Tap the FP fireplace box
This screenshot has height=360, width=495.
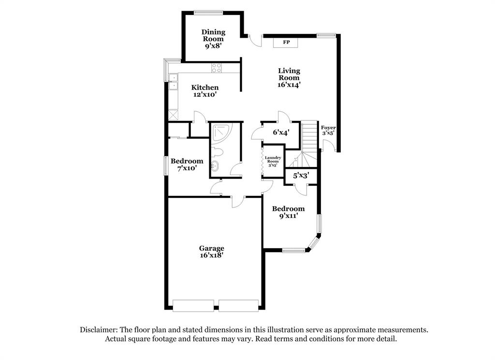[x=286, y=43]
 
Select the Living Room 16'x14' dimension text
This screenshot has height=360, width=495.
[x=289, y=84]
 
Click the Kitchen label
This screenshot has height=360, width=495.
[x=205, y=88]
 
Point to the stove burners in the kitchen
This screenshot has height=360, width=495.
[x=217, y=68]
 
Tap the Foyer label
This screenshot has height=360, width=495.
[x=329, y=128]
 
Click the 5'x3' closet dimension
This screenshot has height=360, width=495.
[x=301, y=176]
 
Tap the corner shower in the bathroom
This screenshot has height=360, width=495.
[x=222, y=132]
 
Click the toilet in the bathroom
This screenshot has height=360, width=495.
[x=218, y=152]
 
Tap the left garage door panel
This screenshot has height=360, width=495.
[x=193, y=305]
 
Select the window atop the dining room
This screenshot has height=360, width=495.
[x=208, y=12]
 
